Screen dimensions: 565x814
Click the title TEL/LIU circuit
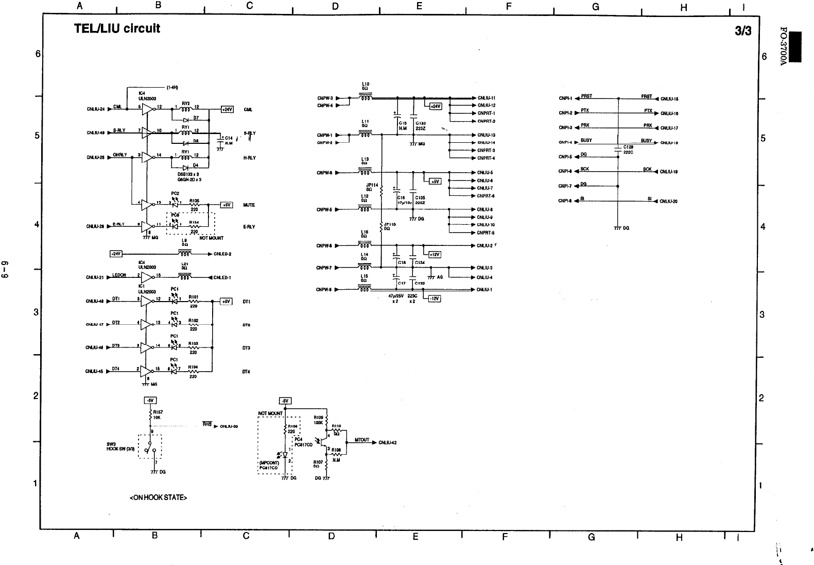tap(117, 28)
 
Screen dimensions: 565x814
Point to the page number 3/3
tap(743, 31)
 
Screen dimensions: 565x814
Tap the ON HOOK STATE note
tap(158, 497)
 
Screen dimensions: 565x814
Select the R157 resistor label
tap(158, 412)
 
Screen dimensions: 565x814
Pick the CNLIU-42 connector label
tap(387, 442)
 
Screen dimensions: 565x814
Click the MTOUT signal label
tap(362, 440)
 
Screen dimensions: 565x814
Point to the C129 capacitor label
tap(628, 147)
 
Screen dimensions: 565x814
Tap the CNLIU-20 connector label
tap(669, 202)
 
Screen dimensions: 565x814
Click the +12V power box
tap(435, 255)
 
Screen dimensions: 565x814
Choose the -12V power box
tap(435, 298)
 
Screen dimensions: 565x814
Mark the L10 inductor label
tap(365, 84)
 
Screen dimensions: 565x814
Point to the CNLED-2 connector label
tap(222, 254)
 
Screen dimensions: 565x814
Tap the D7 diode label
tap(196, 118)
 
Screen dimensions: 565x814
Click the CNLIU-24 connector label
tap(96, 109)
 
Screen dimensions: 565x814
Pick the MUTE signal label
tap(249, 205)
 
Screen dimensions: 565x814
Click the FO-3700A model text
tap(782, 46)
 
